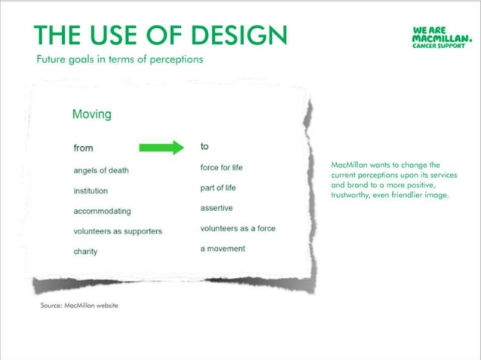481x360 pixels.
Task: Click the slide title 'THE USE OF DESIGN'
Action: click(161, 35)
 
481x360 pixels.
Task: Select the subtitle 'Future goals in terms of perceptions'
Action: click(120, 59)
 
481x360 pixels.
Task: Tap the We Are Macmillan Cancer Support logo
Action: click(443, 38)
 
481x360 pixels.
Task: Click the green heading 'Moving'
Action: click(91, 114)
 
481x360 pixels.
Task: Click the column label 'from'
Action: click(83, 148)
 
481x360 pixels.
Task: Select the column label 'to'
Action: click(204, 146)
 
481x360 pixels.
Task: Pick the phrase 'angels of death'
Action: click(101, 170)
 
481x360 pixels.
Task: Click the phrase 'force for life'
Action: click(221, 167)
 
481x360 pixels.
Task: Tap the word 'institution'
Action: click(90, 191)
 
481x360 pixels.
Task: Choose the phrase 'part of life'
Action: click(218, 188)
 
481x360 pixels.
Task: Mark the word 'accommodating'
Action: click(102, 212)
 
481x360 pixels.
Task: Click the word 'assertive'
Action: click(216, 208)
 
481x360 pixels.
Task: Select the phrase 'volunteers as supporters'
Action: click(118, 231)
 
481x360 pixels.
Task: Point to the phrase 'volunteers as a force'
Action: click(237, 228)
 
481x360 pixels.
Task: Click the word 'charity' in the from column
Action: click(85, 252)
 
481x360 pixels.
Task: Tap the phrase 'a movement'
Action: click(222, 249)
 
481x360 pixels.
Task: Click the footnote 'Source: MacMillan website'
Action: click(79, 306)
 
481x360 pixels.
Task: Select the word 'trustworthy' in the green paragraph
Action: click(351, 195)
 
